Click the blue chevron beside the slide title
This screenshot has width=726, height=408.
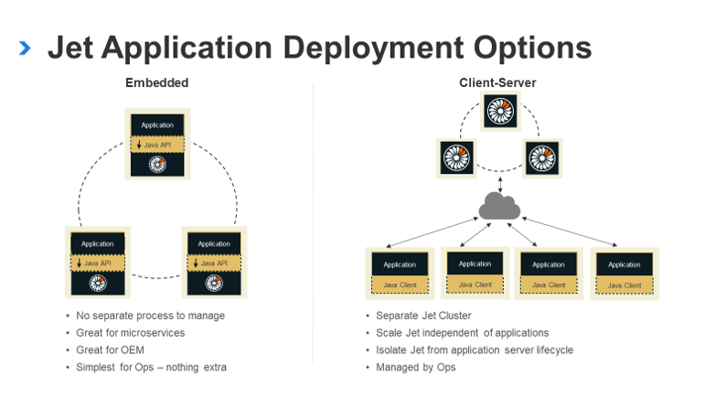(25, 48)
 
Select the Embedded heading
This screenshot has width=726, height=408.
(156, 82)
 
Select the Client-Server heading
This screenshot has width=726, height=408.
(497, 82)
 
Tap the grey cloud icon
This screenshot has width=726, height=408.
(499, 208)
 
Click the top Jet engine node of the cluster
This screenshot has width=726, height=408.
(499, 112)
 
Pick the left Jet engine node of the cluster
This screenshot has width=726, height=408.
(455, 157)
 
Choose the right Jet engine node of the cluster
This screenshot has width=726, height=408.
(541, 157)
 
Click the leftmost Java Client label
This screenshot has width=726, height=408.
(399, 285)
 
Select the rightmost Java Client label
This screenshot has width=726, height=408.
(625, 285)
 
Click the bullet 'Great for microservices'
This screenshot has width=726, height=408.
(130, 332)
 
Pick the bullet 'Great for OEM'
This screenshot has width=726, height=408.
(110, 349)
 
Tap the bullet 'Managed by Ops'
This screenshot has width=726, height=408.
(415, 367)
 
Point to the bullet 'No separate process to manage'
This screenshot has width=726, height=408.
(150, 316)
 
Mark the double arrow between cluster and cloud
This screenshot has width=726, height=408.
(499, 183)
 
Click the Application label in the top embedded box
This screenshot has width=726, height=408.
(157, 125)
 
